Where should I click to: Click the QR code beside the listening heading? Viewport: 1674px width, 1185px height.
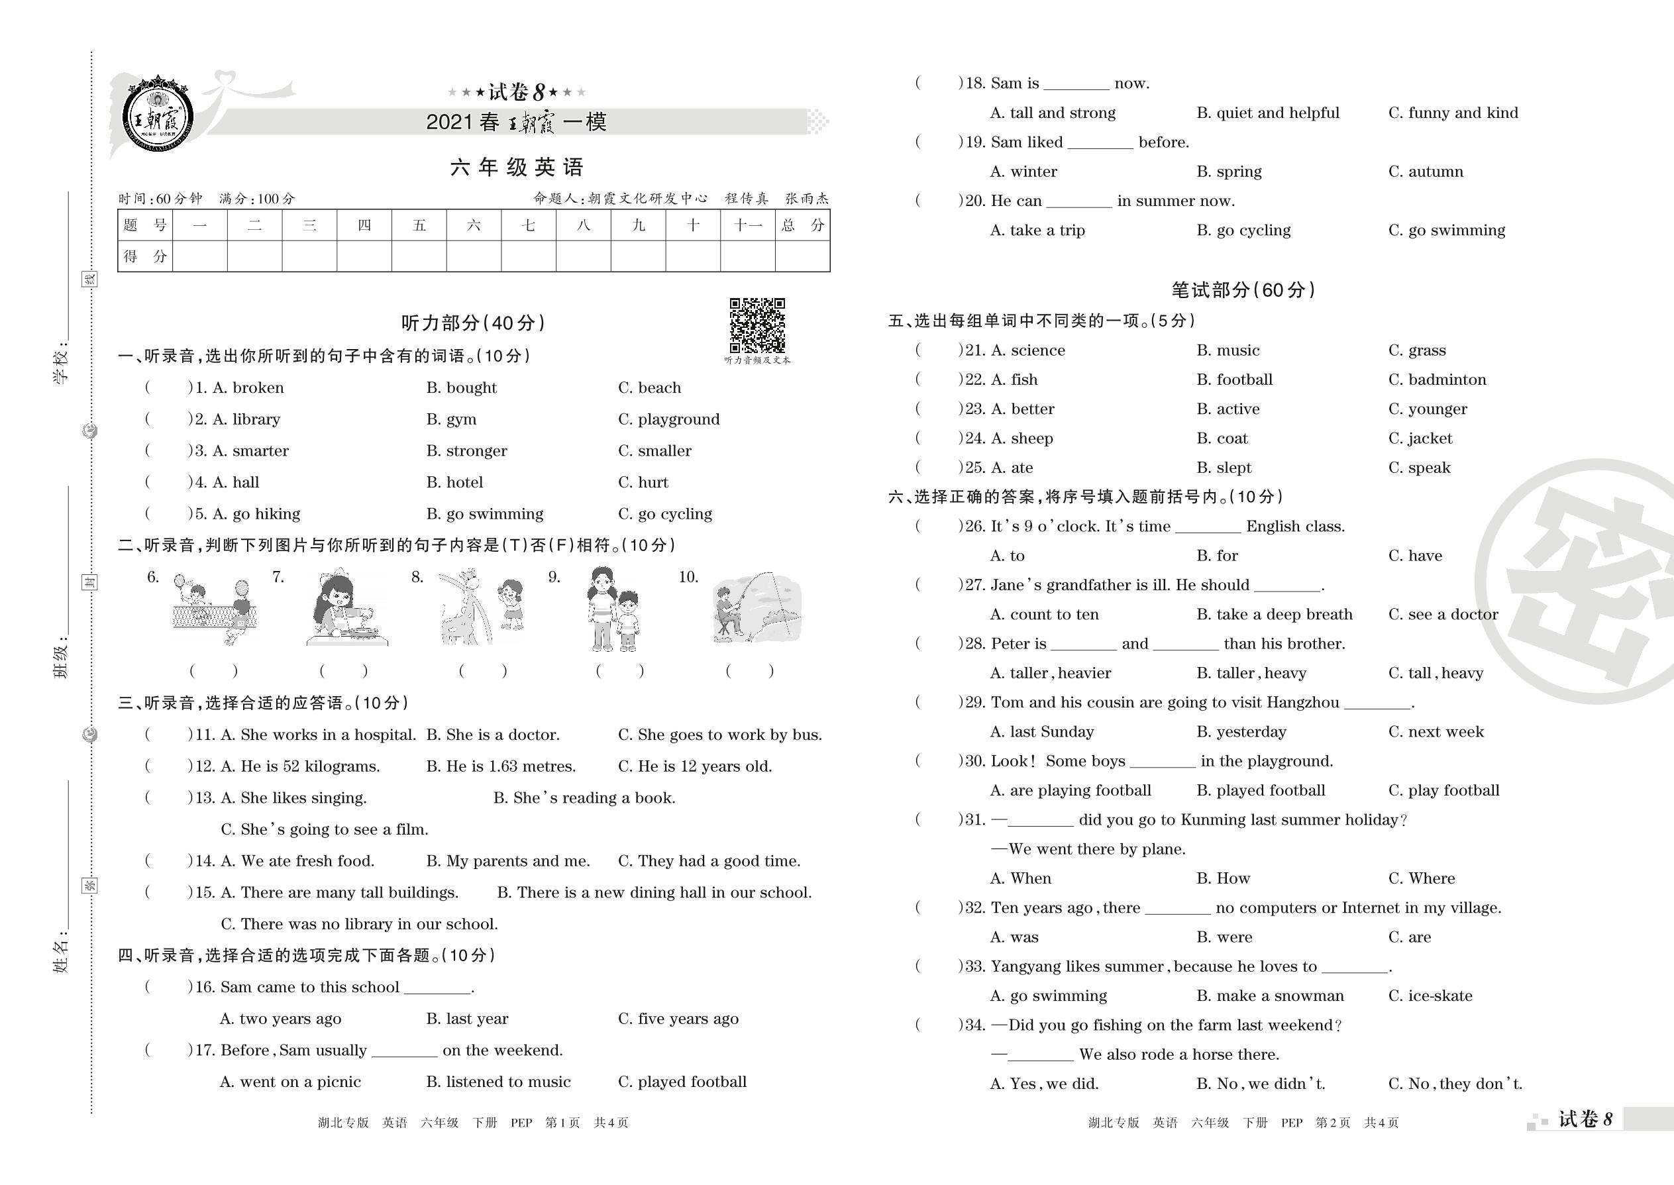757,325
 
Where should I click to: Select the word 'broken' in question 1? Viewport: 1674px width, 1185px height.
258,388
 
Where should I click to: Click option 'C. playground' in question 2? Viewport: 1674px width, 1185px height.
668,419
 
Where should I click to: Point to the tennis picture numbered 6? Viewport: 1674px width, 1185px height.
213,609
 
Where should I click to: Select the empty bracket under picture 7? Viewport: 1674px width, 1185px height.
343,670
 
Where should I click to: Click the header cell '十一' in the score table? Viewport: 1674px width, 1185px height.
747,225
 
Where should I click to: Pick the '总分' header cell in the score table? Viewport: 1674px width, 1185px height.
802,225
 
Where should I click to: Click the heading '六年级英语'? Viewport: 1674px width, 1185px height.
517,168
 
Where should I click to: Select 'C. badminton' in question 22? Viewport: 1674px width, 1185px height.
1437,380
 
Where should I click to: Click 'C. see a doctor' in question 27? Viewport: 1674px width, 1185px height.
1443,615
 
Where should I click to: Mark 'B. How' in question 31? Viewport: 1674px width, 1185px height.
1223,878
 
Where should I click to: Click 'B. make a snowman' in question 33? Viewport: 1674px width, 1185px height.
1270,996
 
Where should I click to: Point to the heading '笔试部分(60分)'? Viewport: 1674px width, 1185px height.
1243,290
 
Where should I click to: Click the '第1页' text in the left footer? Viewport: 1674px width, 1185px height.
562,1123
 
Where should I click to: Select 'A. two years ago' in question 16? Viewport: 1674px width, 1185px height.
280,1019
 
